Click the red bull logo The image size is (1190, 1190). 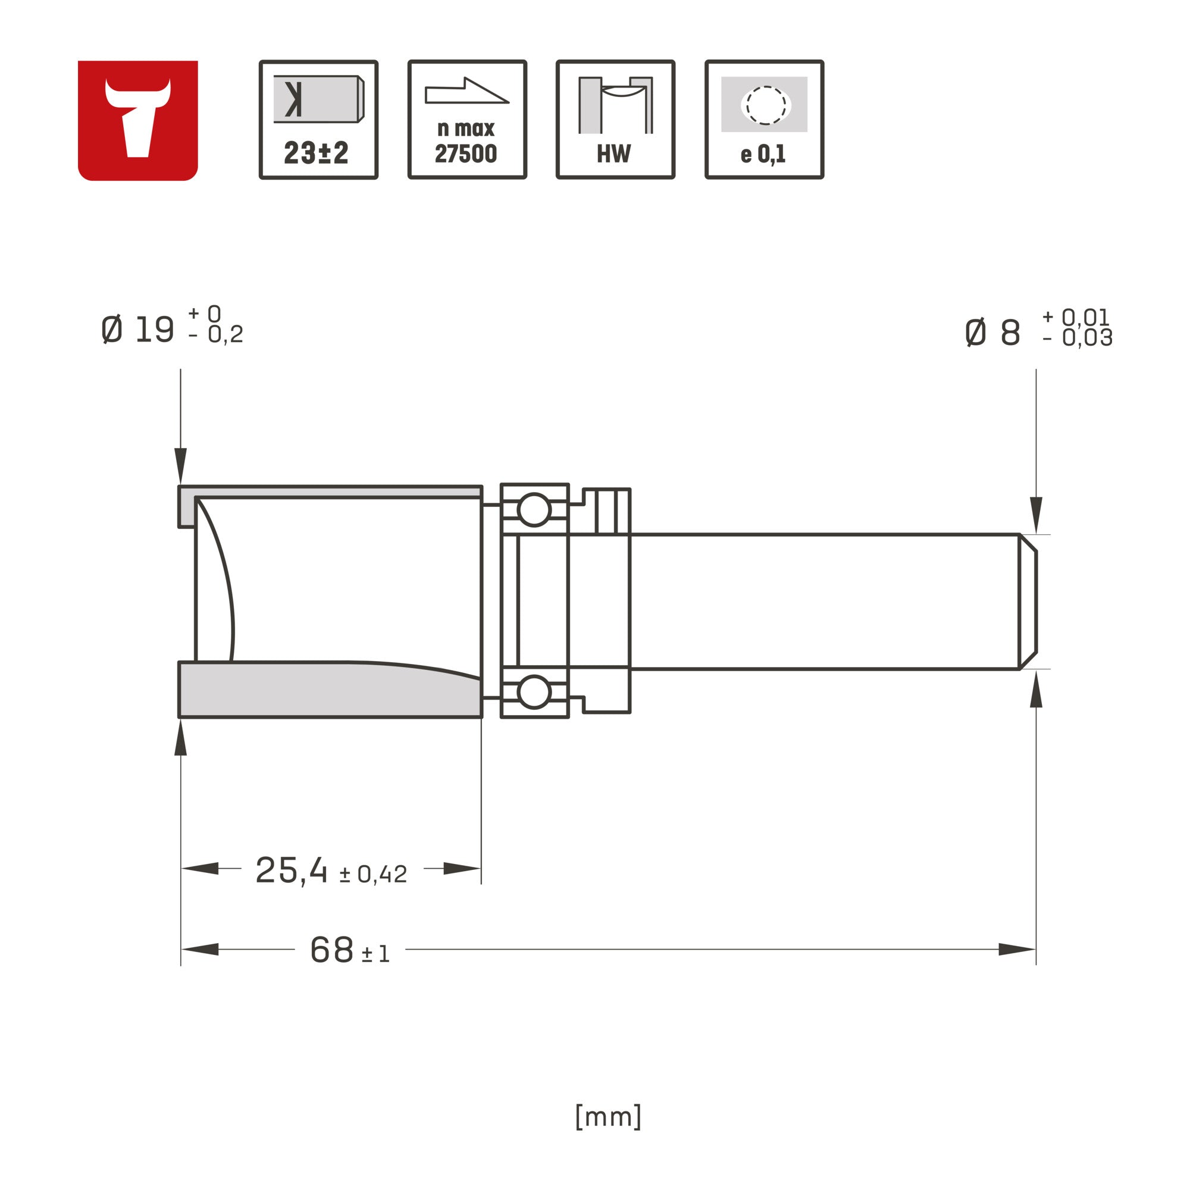137,120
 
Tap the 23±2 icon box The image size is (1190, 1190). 318,120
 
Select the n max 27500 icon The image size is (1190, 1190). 468,120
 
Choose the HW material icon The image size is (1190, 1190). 615,120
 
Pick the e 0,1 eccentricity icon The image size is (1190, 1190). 765,120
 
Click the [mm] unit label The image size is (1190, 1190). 608,1116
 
